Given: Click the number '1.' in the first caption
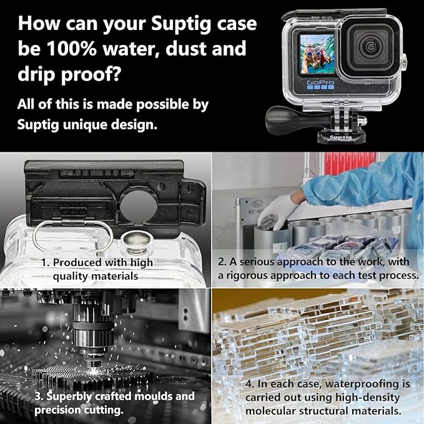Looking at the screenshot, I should tap(46, 263).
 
